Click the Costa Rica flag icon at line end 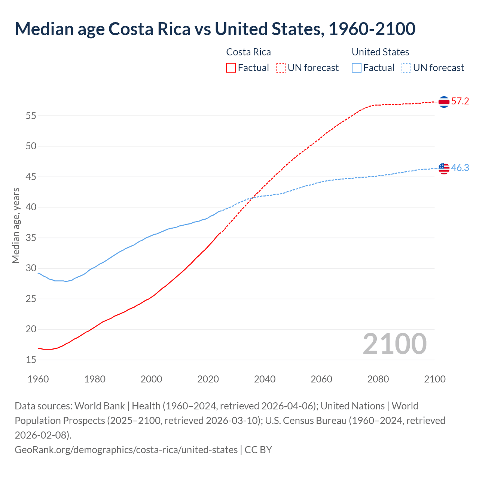click(x=444, y=102)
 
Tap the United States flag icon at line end click(x=444, y=168)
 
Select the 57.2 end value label click(x=460, y=101)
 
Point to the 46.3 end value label click(x=460, y=168)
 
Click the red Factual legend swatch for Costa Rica click(x=231, y=68)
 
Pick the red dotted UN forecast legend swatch click(x=281, y=68)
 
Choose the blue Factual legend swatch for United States click(x=357, y=68)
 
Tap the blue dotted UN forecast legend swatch click(x=406, y=68)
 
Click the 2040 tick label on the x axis click(x=265, y=379)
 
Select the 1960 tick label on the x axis click(x=38, y=379)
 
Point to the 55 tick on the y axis click(x=31, y=116)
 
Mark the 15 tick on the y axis click(x=31, y=360)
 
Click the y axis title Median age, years click(x=16, y=226)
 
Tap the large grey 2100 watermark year click(x=394, y=344)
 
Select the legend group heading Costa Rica click(x=248, y=52)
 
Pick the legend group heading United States click(x=380, y=52)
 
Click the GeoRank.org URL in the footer click(x=126, y=449)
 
